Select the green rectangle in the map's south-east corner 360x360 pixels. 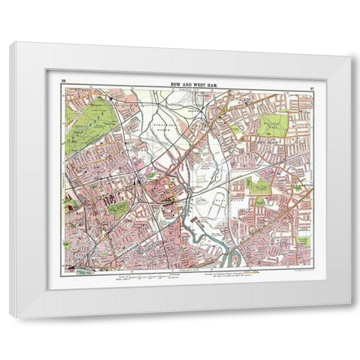coord(303,241)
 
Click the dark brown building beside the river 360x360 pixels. coord(172,200)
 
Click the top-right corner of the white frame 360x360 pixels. coord(349,43)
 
